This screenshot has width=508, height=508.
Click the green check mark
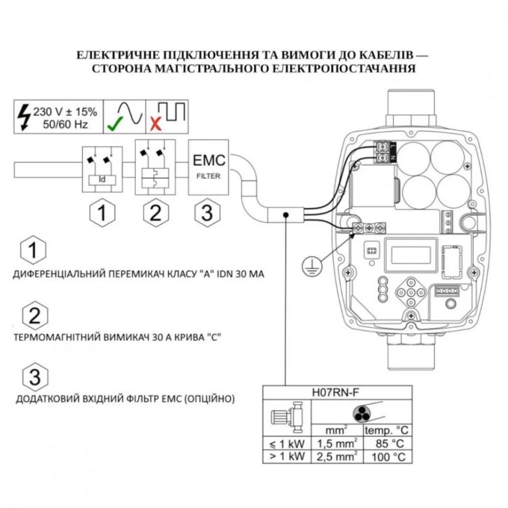tap(114, 123)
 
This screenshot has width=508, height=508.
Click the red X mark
tap(156, 124)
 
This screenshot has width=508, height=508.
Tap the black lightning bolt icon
tap(24, 117)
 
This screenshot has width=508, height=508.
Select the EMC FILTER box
tap(209, 167)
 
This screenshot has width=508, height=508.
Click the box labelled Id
tap(102, 179)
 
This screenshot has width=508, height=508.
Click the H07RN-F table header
tap(337, 392)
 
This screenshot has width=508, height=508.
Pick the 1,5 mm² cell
tap(337, 444)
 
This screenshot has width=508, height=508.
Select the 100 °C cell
tap(388, 457)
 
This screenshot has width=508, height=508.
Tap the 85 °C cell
tap(388, 444)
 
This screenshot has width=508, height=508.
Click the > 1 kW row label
tap(287, 457)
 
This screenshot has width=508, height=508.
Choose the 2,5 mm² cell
tap(337, 457)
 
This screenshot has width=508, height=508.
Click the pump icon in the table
tap(287, 417)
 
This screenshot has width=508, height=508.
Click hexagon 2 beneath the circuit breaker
tap(156, 213)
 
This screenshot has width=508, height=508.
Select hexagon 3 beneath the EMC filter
tap(207, 213)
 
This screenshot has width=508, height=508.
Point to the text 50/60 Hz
tap(65, 124)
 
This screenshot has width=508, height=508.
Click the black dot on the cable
tap(286, 215)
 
